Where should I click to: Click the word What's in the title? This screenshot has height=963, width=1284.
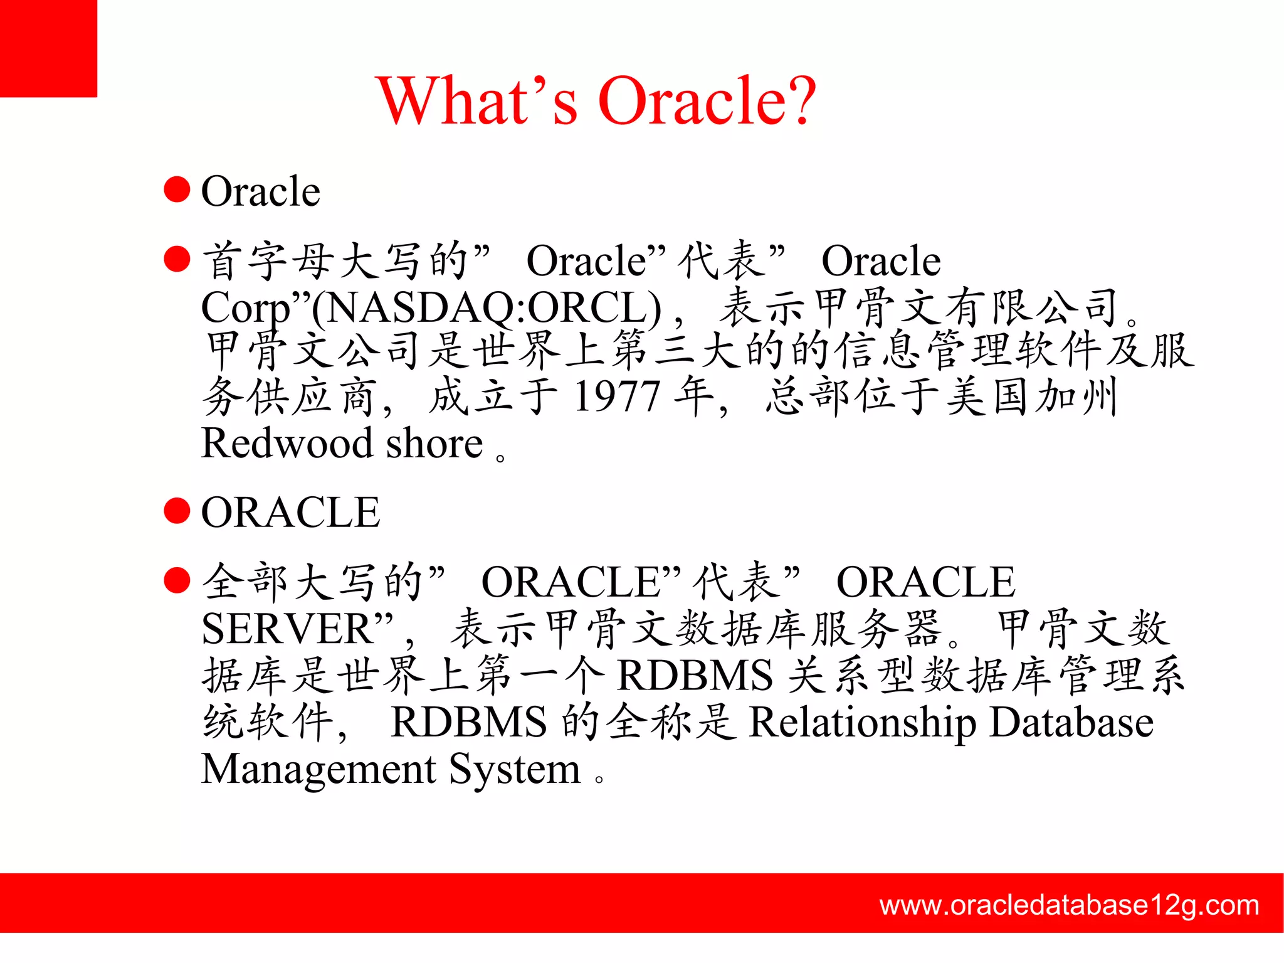click(476, 100)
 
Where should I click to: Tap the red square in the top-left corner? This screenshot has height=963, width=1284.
click(48, 48)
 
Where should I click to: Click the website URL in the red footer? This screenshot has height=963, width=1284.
click(1069, 905)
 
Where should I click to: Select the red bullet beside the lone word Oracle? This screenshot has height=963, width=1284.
click(177, 189)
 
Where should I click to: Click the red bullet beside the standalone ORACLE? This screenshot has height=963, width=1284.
click(177, 511)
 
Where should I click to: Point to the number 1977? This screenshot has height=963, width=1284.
click(618, 396)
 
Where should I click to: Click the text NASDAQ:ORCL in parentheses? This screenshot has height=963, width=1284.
click(486, 308)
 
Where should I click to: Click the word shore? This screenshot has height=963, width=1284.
click(434, 443)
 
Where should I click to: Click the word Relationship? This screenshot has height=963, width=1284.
click(863, 722)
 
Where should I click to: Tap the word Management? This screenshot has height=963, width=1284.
click(318, 769)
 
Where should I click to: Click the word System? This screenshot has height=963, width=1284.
click(515, 769)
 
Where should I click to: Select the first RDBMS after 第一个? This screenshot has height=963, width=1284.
click(695, 676)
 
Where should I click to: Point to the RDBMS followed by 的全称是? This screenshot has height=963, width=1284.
click(469, 722)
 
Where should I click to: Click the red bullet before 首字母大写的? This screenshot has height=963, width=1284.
click(177, 258)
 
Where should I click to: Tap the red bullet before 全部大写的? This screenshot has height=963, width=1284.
click(177, 580)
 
